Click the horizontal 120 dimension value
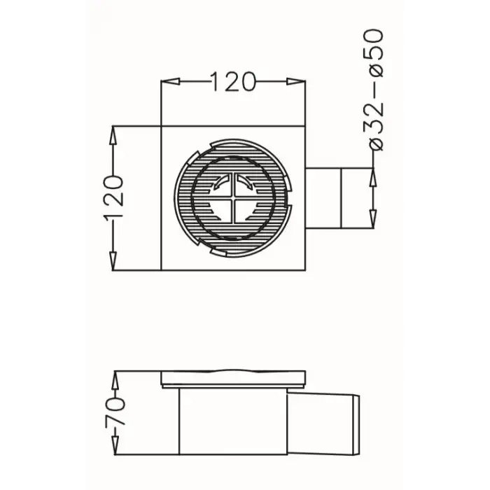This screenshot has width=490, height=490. tap(233, 83)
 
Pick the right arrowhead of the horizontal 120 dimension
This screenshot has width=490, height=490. tap(299, 83)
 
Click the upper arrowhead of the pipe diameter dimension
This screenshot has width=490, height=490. tap(375, 174)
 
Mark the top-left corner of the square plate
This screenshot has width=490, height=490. tap(162, 127)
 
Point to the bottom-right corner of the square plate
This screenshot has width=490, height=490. tap(305, 270)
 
